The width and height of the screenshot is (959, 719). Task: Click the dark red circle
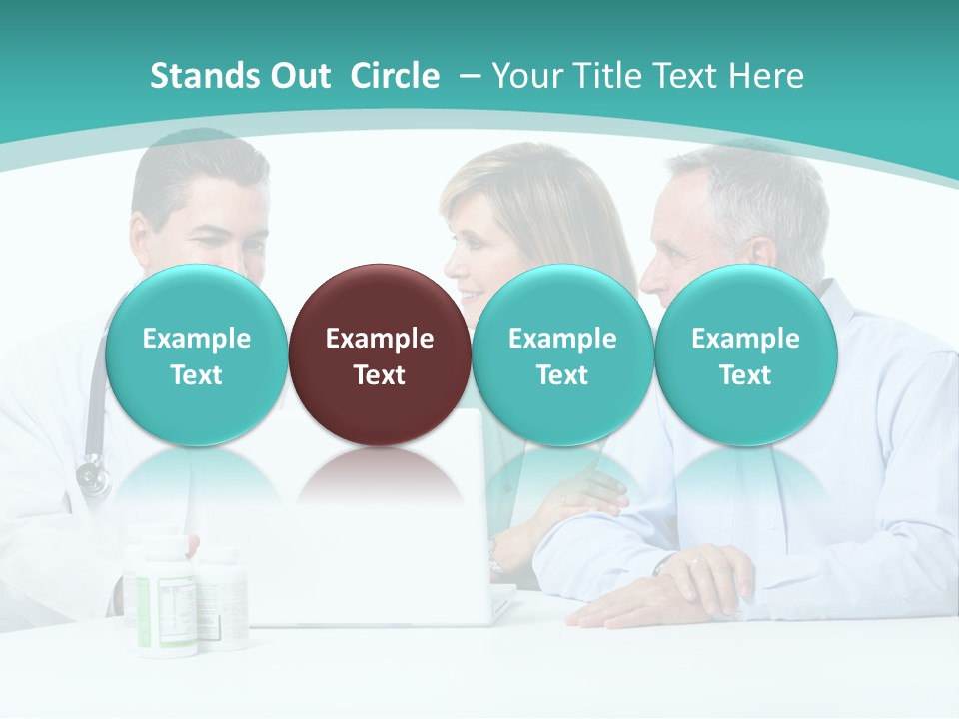click(x=380, y=356)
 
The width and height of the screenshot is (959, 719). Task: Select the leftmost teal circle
click(x=197, y=356)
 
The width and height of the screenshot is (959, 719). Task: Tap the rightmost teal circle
click(x=745, y=356)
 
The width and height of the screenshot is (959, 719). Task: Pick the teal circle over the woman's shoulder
click(x=562, y=356)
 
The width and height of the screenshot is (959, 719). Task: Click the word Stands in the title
click(x=204, y=77)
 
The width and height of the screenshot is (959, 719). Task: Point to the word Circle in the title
click(x=395, y=77)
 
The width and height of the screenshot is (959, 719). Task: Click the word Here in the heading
click(x=767, y=77)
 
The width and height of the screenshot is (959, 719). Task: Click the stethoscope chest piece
click(x=93, y=475)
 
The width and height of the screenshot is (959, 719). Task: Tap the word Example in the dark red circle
click(x=380, y=339)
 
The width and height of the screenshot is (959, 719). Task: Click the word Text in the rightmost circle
click(x=745, y=375)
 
